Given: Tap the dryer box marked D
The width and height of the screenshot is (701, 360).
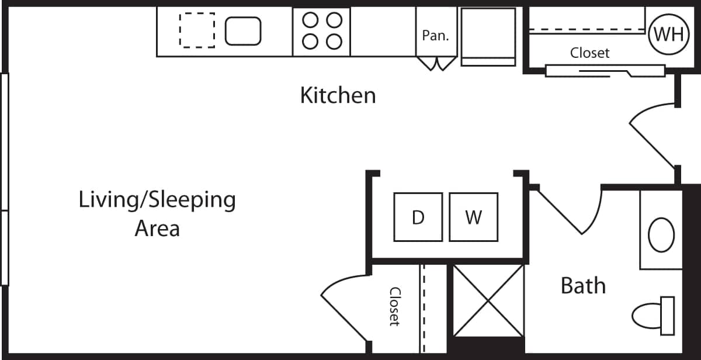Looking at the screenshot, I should tap(418, 217).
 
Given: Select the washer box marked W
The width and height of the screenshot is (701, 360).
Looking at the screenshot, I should tap(473, 217).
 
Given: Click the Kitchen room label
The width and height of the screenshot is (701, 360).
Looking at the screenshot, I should tap(338, 95).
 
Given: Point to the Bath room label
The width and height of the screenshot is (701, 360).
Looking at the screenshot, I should tap(583, 286).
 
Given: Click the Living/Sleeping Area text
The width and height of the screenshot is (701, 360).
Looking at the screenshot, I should tap(157, 213).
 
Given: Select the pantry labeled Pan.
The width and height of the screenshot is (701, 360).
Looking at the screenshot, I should tap(435, 35).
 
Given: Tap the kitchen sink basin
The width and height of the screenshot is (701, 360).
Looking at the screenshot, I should tap(243, 31).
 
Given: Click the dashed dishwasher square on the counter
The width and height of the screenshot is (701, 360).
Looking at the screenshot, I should tap(197, 30).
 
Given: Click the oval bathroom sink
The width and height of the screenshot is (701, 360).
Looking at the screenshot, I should tap(661, 234).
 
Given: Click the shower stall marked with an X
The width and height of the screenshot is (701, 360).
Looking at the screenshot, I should tap(489, 300).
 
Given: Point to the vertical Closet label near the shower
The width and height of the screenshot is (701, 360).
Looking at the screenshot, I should tap(395, 306).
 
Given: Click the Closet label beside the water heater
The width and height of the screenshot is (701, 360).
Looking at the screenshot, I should tap(589, 53).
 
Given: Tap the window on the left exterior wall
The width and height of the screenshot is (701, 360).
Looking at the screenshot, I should tap(4, 178).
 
